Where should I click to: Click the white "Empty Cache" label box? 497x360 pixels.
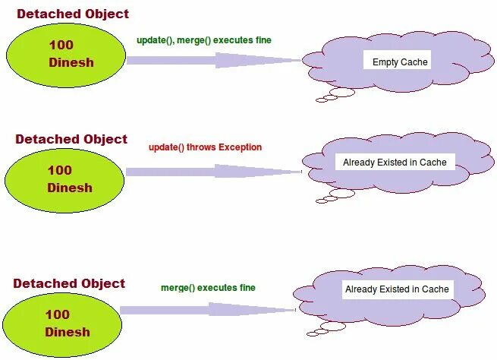(400, 62)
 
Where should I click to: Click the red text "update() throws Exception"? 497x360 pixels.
(205, 147)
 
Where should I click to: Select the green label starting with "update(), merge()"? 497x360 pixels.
(204, 39)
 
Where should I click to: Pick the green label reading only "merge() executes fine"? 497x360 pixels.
(208, 288)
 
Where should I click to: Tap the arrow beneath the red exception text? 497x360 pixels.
(213, 172)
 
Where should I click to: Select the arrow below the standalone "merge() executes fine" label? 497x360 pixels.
(206, 309)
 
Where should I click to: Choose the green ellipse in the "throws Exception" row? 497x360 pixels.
(64, 179)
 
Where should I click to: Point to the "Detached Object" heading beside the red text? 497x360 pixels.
(71, 139)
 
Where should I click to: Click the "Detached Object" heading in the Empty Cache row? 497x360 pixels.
(73, 14)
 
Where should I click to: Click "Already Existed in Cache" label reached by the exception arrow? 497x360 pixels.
(395, 162)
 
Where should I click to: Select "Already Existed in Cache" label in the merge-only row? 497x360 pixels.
(397, 289)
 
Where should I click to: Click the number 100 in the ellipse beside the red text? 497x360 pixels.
(59, 171)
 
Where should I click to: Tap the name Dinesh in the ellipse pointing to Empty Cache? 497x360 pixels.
(71, 62)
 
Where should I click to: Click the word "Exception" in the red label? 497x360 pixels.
(240, 147)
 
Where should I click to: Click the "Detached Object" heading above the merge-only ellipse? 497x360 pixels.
(69, 283)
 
